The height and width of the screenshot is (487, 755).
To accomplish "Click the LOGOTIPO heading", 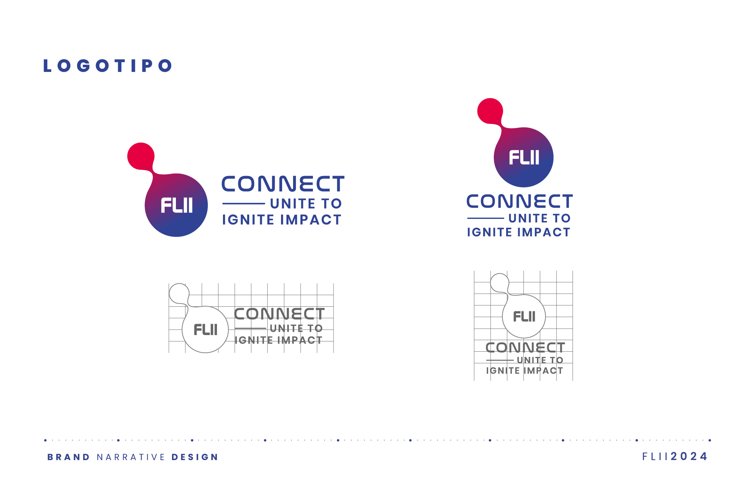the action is click(x=108, y=66).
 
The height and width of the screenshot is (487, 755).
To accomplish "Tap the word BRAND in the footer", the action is click(x=69, y=457).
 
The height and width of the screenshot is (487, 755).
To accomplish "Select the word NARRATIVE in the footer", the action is click(x=131, y=457).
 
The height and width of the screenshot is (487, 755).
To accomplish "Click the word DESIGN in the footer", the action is click(x=195, y=457).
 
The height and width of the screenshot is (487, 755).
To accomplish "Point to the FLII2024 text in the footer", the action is click(x=675, y=456).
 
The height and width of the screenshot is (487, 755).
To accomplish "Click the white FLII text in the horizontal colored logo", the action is click(x=177, y=205).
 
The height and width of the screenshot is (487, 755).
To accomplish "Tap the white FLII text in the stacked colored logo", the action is click(x=524, y=157).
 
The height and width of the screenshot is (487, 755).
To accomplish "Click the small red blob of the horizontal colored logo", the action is click(x=141, y=156).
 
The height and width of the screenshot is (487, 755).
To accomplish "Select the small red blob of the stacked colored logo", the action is click(x=490, y=111).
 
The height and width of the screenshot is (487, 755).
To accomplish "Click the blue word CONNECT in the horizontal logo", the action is click(x=283, y=184).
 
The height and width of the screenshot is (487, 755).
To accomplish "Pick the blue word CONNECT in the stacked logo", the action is click(x=520, y=202).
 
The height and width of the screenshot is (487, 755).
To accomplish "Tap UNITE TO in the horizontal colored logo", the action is click(x=306, y=204).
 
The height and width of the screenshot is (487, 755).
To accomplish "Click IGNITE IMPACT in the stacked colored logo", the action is click(x=519, y=232).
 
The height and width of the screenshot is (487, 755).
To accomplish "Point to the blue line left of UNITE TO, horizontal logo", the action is click(x=244, y=204).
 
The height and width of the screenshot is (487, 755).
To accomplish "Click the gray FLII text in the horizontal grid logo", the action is click(x=205, y=330).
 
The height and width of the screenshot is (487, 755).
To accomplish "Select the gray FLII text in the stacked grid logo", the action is click(x=524, y=316).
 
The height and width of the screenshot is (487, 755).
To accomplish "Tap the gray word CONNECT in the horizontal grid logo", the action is click(x=279, y=314).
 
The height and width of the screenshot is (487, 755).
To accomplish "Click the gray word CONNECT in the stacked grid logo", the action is click(x=525, y=347).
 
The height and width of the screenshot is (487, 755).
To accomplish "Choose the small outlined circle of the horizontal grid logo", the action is click(x=179, y=284).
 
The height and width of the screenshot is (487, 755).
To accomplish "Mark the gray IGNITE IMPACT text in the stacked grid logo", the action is click(x=524, y=371).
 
